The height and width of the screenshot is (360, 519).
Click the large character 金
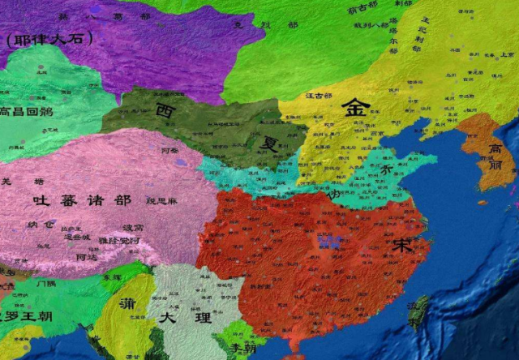tap(354, 108)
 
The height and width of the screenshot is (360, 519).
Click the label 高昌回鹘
tap(27, 112)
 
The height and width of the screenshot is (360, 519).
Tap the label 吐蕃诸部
tap(81, 199)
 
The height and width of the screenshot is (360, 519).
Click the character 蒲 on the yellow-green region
tap(127, 306)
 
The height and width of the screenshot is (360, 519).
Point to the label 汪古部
tap(318, 96)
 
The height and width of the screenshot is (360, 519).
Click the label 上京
tap(506, 55)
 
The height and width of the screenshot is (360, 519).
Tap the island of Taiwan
tap(418, 311)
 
